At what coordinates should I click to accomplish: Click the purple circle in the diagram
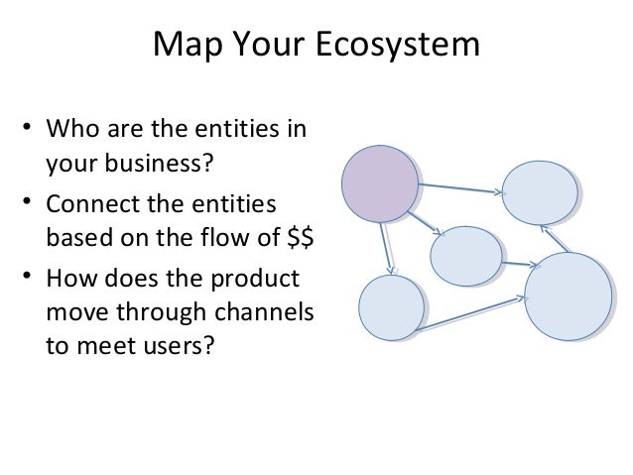[380, 183]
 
